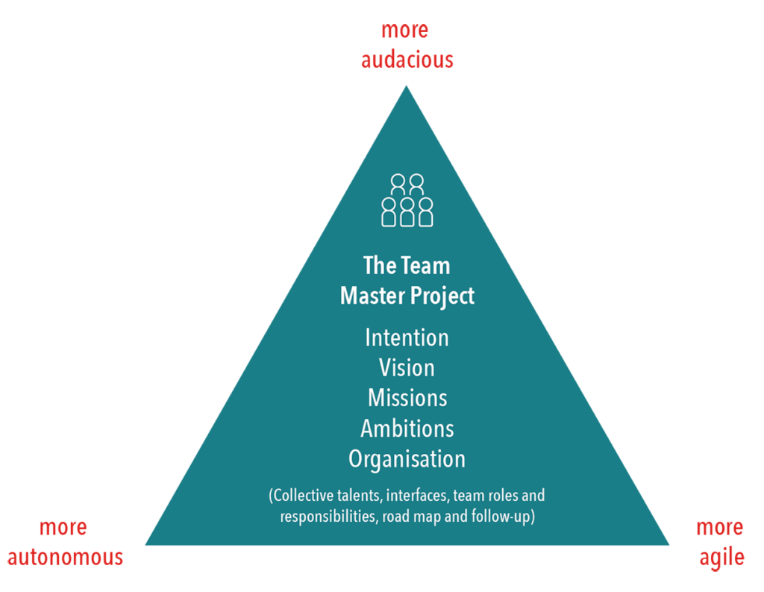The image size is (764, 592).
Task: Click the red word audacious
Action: (407, 60)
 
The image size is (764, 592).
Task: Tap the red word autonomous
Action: (66, 557)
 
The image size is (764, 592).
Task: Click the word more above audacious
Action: (404, 30)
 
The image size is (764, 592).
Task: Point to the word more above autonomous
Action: (63, 528)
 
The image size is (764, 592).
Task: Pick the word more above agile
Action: (720, 528)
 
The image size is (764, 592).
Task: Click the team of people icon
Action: (407, 200)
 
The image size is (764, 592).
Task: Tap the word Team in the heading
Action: (427, 266)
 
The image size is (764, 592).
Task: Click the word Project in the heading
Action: (442, 296)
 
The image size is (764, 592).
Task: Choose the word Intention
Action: (407, 337)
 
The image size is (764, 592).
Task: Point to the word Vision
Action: (407, 368)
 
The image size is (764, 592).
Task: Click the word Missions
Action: (407, 398)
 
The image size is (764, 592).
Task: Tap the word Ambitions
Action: (407, 429)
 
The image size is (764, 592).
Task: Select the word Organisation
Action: (407, 459)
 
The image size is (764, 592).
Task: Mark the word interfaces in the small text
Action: (418, 496)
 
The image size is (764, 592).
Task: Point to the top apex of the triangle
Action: (407, 87)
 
